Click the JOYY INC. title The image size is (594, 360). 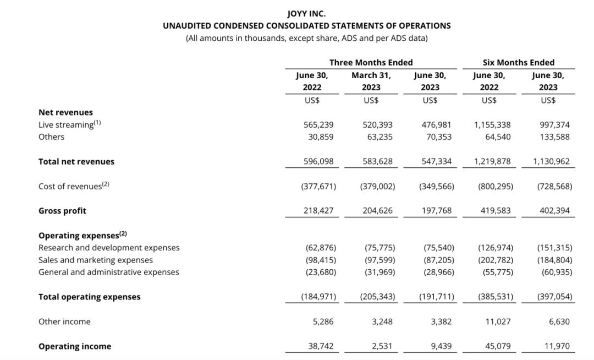point(306,13)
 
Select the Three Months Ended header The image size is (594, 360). point(371,62)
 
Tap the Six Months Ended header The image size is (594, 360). point(518,62)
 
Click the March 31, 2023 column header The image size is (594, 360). point(371,81)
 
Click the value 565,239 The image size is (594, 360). point(318,125)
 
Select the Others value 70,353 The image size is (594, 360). point(438,137)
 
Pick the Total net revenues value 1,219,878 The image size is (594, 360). point(492,161)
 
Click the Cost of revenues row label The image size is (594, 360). point(74,186)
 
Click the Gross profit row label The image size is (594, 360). point(62,211)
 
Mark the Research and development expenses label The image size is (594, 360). point(109,248)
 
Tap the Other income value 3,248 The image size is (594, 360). point(382,321)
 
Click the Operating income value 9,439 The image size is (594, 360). point(441,346)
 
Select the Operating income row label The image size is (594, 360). point(75,346)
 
